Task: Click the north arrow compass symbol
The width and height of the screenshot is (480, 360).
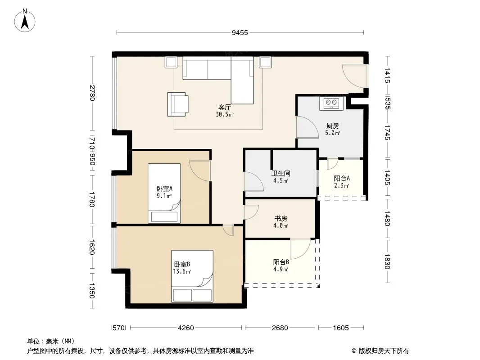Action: [x=25, y=20]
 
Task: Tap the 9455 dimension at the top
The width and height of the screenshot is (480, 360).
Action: [x=240, y=33]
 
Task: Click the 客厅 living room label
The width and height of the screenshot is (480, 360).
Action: [x=224, y=108]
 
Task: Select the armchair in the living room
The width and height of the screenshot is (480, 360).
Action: [x=177, y=104]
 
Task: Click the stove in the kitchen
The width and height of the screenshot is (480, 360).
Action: [x=331, y=103]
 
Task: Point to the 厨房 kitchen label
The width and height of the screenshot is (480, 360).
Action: [x=332, y=126]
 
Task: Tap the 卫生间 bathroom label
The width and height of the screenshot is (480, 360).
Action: [x=281, y=173]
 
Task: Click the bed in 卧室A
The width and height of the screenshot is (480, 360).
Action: [x=164, y=193]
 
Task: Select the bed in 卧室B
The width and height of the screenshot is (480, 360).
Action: [x=192, y=276]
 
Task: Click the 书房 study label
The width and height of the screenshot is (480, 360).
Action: [x=281, y=218]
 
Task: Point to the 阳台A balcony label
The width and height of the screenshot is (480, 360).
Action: [x=342, y=178]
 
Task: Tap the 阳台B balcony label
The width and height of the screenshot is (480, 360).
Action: [x=281, y=262]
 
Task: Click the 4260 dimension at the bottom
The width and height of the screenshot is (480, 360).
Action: [x=186, y=328]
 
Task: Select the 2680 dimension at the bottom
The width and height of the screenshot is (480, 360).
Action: [x=280, y=328]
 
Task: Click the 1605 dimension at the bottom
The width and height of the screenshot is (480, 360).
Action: [x=341, y=328]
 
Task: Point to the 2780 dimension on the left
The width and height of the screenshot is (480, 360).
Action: [x=92, y=93]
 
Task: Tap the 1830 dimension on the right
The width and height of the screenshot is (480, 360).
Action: [x=387, y=261]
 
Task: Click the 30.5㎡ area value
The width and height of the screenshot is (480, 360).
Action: [x=225, y=115]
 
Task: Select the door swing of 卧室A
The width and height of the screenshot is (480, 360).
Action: [x=200, y=171]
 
